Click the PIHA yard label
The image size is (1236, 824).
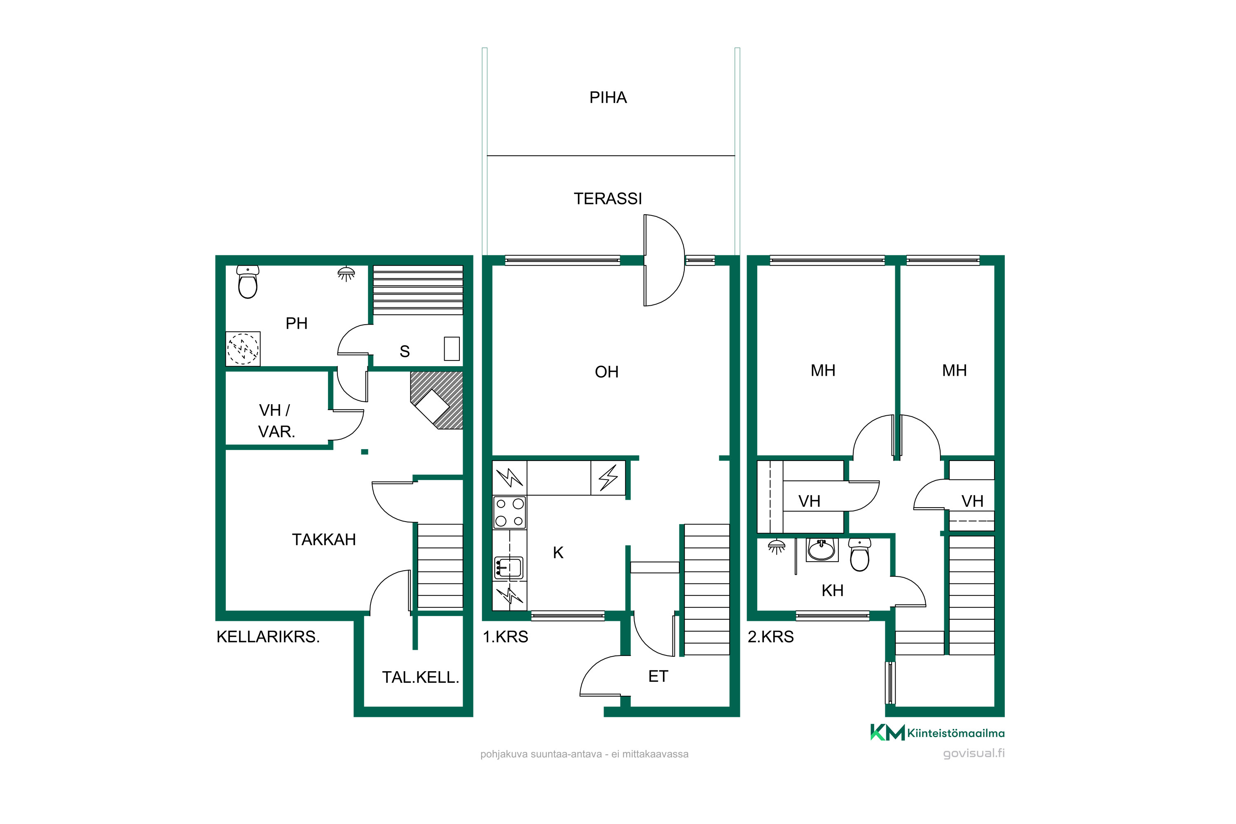[x=608, y=98]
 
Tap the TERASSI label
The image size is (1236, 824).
[x=607, y=199]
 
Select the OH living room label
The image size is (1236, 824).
[x=606, y=372]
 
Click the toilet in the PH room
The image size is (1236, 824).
[x=248, y=282]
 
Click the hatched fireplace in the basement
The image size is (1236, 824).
[x=437, y=400]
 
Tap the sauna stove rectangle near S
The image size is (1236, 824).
[x=452, y=349]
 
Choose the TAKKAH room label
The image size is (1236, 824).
[x=324, y=540]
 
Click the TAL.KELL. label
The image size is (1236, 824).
[x=420, y=677]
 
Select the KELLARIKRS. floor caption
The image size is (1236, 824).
[x=268, y=637]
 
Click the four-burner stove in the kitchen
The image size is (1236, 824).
[x=509, y=513]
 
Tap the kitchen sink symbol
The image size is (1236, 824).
[x=509, y=568]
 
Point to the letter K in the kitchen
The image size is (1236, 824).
[x=558, y=553]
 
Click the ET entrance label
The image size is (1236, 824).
[x=658, y=677]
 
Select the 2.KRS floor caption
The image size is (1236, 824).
[x=770, y=637]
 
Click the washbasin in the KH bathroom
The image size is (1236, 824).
[x=822, y=550]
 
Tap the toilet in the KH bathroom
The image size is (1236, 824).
[x=860, y=555]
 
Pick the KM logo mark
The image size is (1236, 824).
[x=887, y=732]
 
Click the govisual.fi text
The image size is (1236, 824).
[x=974, y=753]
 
